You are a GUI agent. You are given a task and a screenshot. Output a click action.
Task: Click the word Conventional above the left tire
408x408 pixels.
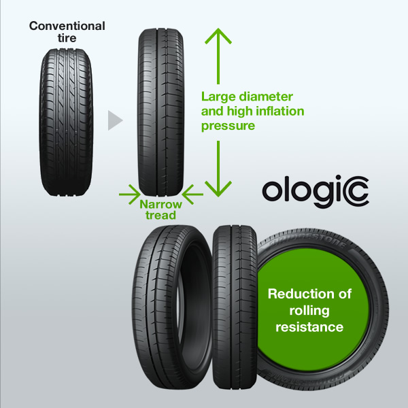pyautogui.click(x=67, y=27)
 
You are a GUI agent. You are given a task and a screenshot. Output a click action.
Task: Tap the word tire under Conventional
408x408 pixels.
pyautogui.click(x=67, y=37)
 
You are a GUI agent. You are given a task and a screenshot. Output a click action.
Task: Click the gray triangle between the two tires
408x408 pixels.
pyautogui.click(x=115, y=122)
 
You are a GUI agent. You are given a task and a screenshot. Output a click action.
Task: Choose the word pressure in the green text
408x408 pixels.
pyautogui.click(x=228, y=126)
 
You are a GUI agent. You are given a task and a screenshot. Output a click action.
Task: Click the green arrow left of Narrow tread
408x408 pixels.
pyautogui.click(x=127, y=196)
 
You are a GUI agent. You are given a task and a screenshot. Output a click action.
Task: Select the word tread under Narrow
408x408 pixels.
pyautogui.click(x=162, y=215)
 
